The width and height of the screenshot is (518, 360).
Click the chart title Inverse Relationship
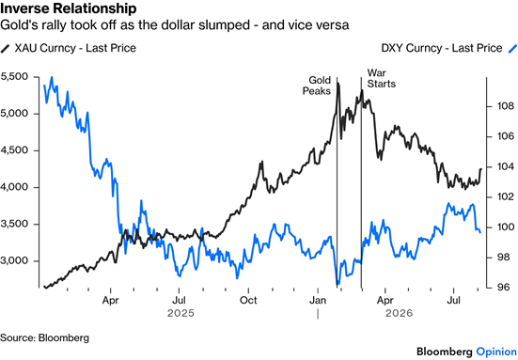coord(68,8)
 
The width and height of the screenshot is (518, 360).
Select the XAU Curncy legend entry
coord(69,48)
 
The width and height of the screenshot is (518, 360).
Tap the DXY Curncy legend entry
coord(449,48)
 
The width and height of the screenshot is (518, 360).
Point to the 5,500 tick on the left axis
coord(14,77)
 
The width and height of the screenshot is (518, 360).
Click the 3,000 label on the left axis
coord(14,261)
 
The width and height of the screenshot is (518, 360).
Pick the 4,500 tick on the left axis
coord(14,150)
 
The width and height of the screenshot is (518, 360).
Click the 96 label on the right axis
coord(505,288)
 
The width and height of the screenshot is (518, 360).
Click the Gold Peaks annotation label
coord(317,86)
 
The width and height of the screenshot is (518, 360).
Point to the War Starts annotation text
coord(382,78)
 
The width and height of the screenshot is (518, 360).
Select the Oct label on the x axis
coord(248,300)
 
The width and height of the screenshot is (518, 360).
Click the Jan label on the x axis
coord(318,300)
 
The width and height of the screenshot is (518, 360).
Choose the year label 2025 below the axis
coord(181,313)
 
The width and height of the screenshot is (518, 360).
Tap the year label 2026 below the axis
coord(399,313)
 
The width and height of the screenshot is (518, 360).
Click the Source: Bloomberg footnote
coord(44,337)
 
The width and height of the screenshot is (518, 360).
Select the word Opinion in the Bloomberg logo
coord(496,352)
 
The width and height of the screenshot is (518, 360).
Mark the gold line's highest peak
coord(337,84)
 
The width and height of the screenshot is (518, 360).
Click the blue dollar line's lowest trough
coord(337,285)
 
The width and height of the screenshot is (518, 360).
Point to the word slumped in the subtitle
coord(224,25)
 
